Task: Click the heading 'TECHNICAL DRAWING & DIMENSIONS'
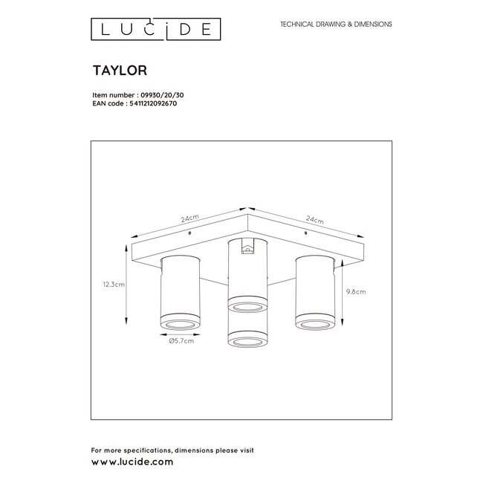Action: coord(335,25)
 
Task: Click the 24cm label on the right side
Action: coord(314,220)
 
